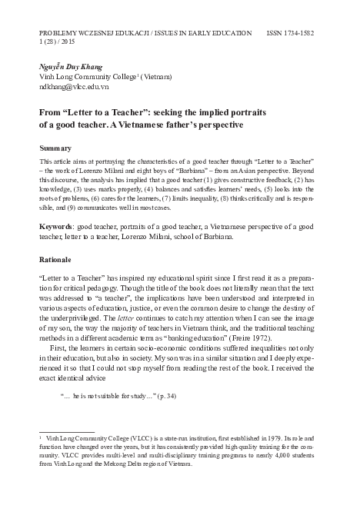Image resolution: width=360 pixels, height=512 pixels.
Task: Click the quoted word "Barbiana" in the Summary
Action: (x=188, y=169)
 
